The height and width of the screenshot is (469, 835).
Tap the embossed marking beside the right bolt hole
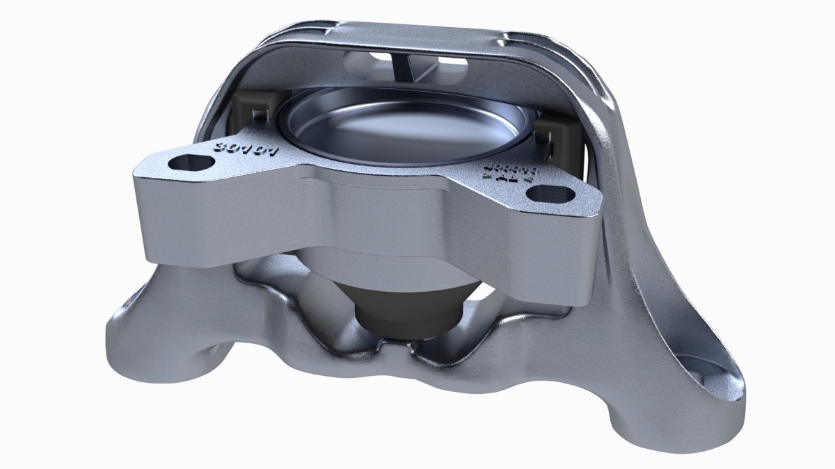click(507, 173)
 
